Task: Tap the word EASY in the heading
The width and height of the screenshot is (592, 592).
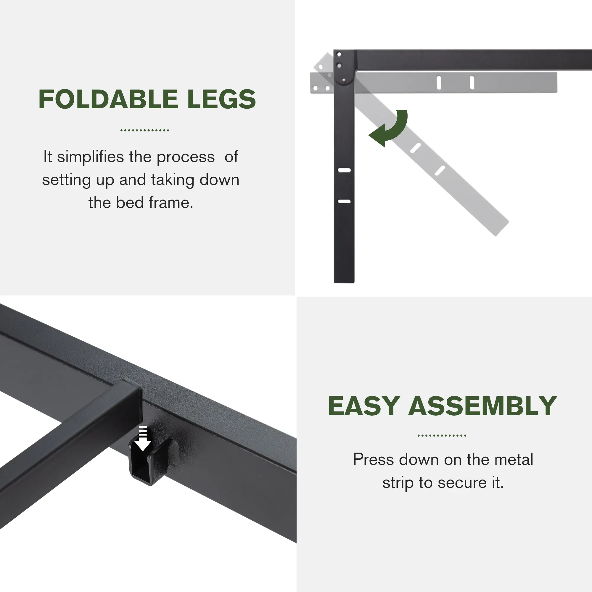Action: [x=364, y=406]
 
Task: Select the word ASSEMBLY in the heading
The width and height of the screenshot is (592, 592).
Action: [x=482, y=406]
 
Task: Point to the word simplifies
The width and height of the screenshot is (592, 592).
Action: [x=90, y=157]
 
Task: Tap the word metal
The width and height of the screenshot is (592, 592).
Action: [x=514, y=459]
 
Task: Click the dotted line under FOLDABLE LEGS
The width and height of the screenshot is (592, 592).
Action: [x=145, y=130]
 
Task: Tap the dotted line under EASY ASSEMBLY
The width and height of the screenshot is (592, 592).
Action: [x=442, y=435]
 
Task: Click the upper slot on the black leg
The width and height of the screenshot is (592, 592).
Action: [x=344, y=170]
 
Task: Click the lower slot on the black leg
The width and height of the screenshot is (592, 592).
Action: [x=344, y=202]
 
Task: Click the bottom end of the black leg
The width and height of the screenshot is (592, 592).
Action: [x=344, y=281]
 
